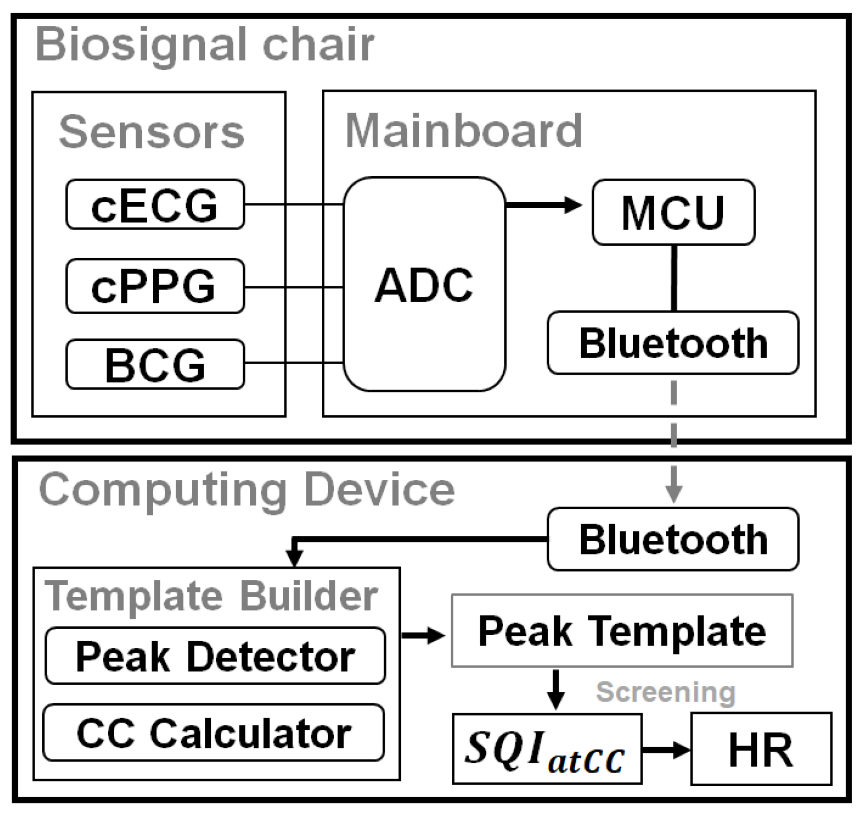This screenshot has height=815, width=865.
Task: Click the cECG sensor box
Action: click(x=155, y=205)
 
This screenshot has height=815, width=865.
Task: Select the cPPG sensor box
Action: click(x=155, y=286)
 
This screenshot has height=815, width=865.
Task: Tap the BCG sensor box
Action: click(x=155, y=364)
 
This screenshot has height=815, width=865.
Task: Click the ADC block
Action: click(x=424, y=285)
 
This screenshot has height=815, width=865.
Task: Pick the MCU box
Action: click(x=673, y=212)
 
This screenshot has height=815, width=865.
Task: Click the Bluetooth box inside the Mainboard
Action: click(x=673, y=342)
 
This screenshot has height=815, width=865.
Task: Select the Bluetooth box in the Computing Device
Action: click(x=673, y=539)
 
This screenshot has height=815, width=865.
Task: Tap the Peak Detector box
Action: click(x=215, y=656)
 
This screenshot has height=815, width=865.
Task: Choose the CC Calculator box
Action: click(x=214, y=733)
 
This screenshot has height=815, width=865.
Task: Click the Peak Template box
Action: click(x=622, y=630)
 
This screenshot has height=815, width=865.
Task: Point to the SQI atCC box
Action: click(x=547, y=748)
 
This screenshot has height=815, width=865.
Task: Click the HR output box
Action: click(x=761, y=749)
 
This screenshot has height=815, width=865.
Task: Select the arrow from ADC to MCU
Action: click(x=543, y=205)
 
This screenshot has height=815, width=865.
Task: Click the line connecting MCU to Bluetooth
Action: click(x=674, y=277)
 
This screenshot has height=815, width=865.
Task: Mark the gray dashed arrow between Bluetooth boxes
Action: click(x=674, y=439)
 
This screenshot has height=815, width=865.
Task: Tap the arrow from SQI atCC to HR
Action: click(x=666, y=749)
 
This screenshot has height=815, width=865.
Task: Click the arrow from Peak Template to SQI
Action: click(x=555, y=689)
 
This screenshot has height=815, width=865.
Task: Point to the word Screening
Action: click(x=665, y=692)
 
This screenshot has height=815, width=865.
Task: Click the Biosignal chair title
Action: click(x=205, y=44)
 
